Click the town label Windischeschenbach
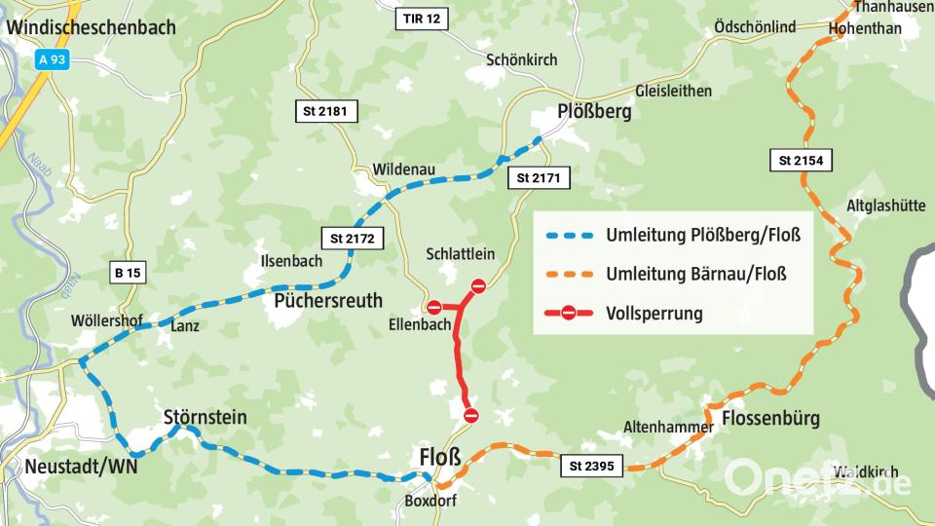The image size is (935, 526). click(91, 27)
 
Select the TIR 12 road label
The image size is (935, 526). click(423, 19)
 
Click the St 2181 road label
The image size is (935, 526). click(325, 112)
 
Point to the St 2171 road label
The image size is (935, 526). click(539, 178)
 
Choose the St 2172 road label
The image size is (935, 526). click(352, 238)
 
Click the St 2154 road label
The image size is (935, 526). click(802, 161)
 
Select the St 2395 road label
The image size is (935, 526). click(593, 468)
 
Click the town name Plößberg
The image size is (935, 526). click(594, 112)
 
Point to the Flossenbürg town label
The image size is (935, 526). click(770, 419)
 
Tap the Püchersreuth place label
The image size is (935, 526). click(328, 299)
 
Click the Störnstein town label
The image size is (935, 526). click(205, 417)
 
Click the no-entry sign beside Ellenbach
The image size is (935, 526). click(434, 308)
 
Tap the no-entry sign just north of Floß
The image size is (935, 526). click(471, 416)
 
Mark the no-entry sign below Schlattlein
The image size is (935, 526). click(478, 285)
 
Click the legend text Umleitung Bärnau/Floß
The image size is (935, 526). click(695, 274)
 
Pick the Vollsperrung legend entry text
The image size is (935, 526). click(654, 314)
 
